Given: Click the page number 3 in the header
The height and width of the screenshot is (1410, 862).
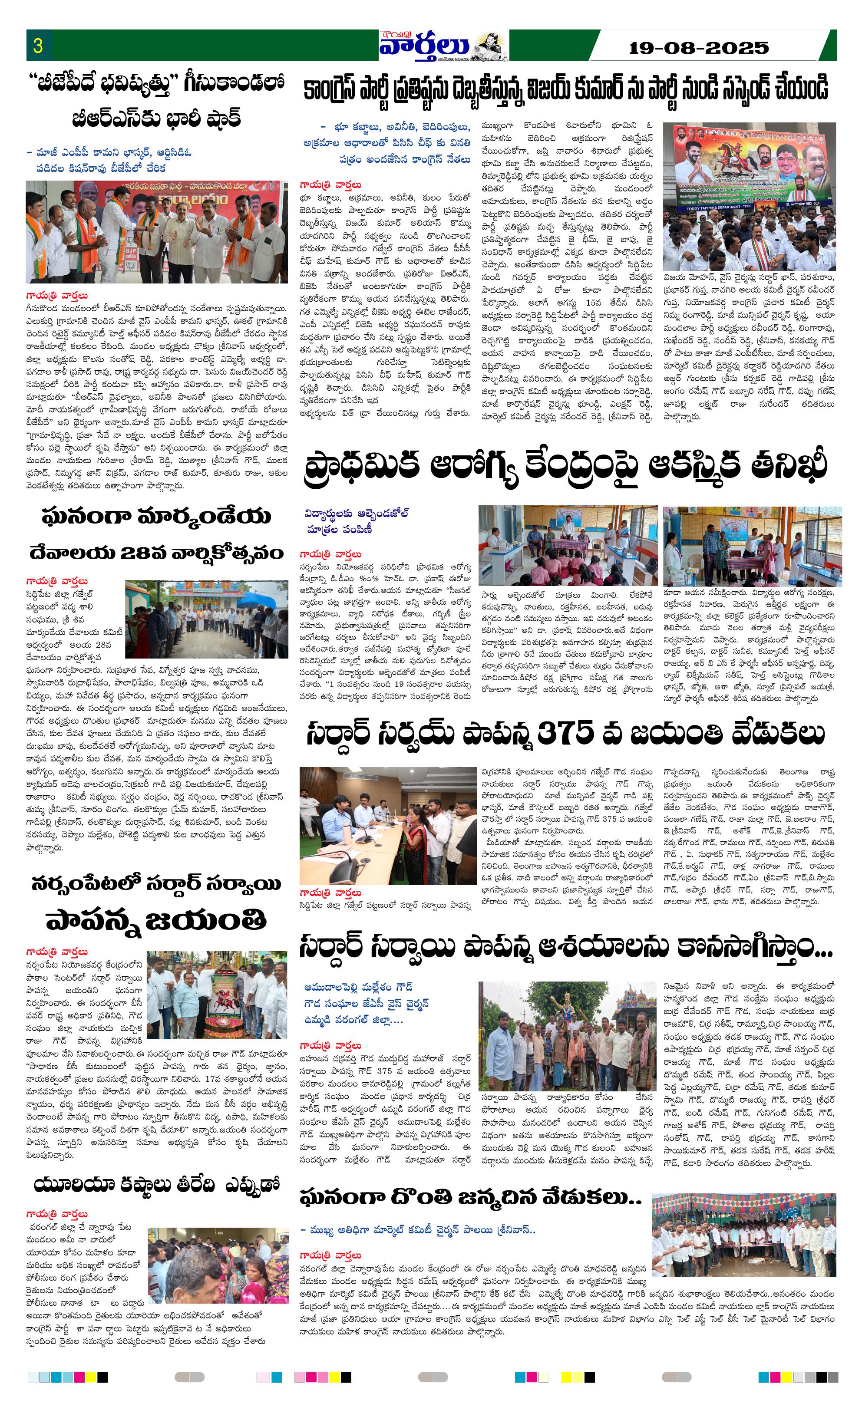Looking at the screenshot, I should pyautogui.click(x=38, y=46).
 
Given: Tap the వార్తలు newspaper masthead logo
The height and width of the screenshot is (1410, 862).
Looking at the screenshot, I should pyautogui.click(x=424, y=45).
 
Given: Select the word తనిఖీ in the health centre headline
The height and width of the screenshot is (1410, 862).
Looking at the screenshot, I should pyautogui.click(x=789, y=464).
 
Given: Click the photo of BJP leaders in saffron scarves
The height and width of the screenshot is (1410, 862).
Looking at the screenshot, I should pyautogui.click(x=156, y=232).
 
